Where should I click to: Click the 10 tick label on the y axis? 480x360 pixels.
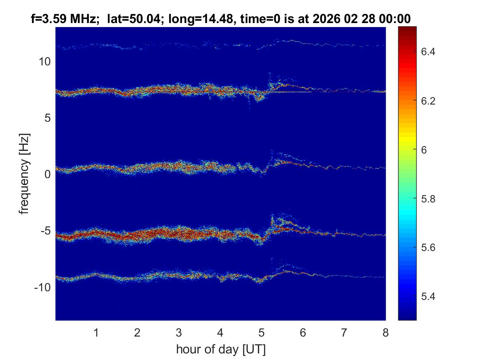pos(45,62)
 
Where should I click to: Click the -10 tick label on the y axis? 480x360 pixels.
pos(43,287)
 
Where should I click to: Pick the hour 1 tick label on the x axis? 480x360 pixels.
pos(96,332)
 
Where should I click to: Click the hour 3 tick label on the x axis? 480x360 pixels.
pos(179,332)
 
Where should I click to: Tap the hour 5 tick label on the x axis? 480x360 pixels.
pos(261,332)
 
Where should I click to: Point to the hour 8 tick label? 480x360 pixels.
pos(385,332)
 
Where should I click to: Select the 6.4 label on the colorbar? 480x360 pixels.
pos(430,52)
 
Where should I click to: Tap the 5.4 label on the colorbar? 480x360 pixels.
pos(430,296)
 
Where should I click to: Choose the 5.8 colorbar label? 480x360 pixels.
pos(430,199)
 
